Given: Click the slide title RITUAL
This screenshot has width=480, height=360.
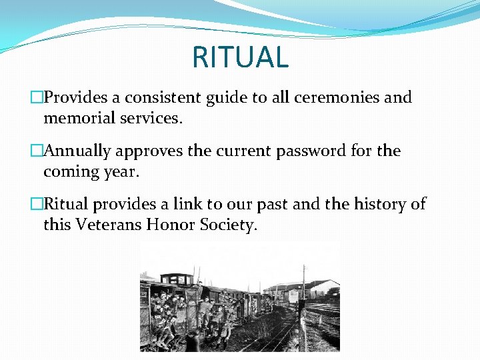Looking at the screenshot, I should (240, 57).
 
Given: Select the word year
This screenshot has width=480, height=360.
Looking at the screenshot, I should (121, 172).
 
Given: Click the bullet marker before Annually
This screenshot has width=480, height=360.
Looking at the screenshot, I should (36, 151).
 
